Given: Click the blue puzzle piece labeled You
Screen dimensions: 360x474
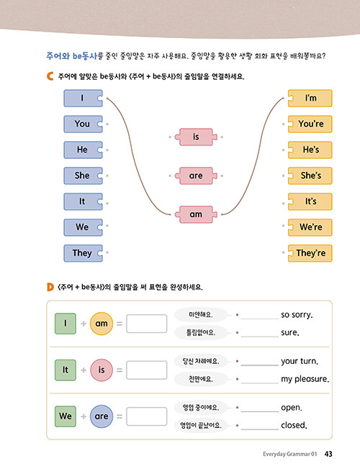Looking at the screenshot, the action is tap(83, 124).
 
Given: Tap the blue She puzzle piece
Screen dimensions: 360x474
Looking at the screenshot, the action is tap(83, 176).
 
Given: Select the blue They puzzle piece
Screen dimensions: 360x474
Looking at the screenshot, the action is tap(83, 253).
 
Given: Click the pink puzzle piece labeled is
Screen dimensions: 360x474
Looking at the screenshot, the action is tap(196, 137).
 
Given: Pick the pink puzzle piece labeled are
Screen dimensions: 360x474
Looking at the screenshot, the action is tap(196, 176).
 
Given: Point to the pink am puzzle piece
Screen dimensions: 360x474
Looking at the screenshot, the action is tap(196, 214).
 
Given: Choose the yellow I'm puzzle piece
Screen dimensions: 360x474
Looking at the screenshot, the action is tap(310, 99).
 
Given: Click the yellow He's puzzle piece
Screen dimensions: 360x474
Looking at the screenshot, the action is tap(310, 150).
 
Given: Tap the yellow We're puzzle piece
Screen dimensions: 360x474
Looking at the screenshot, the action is tap(310, 227).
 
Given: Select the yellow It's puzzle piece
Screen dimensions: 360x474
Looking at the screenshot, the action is tap(310, 201).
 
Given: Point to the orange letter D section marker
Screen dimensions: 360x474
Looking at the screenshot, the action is tap(50, 287).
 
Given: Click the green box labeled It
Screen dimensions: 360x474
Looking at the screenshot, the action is tap(66, 370).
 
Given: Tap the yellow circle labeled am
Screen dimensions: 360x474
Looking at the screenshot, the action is tap(102, 324).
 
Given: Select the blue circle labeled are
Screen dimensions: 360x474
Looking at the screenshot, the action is tap(102, 416).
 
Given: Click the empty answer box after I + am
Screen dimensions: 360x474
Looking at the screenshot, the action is tap(146, 324).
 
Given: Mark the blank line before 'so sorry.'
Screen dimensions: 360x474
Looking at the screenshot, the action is tap(260, 319).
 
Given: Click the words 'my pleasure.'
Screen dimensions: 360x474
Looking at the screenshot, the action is tap(305, 379).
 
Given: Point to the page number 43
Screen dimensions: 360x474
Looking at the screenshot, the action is tap(328, 454).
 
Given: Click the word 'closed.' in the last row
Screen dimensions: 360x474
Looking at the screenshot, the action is tap(294, 425).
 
